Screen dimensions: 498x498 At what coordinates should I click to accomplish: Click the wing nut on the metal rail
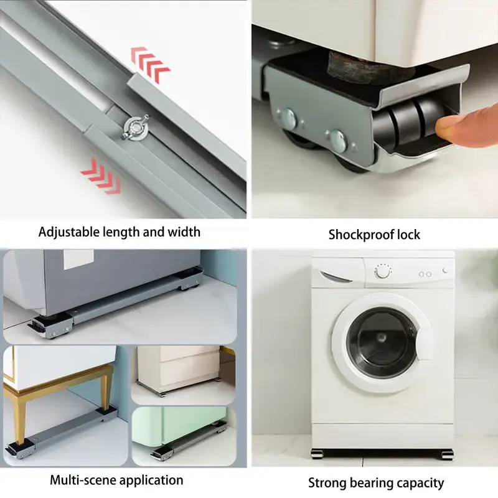click(136, 127)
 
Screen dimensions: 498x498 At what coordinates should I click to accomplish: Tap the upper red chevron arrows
click(150, 65)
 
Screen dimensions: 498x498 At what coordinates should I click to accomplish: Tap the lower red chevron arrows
click(101, 176)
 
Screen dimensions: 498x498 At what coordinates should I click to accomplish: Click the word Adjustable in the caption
click(69, 232)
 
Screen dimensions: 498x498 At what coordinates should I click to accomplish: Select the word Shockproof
click(360, 235)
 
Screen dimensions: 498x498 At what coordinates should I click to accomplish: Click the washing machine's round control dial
click(383, 271)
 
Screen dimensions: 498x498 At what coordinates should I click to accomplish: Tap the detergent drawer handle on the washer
click(336, 277)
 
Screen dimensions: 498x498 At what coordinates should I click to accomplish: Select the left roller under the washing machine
click(317, 454)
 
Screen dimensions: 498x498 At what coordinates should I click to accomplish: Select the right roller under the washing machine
click(446, 455)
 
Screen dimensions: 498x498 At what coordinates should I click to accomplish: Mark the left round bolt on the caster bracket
click(288, 119)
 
